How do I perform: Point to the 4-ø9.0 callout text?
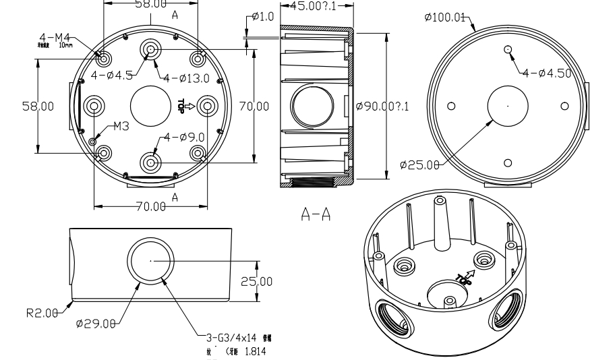tap(184, 137)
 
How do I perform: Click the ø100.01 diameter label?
tap(446, 17)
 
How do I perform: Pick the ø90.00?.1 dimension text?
tap(383, 106)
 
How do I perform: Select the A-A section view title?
tap(315, 214)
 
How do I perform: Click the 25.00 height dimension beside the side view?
tap(256, 281)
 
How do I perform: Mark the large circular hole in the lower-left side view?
tap(150, 260)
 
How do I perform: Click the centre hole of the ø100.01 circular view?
tap(508, 106)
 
